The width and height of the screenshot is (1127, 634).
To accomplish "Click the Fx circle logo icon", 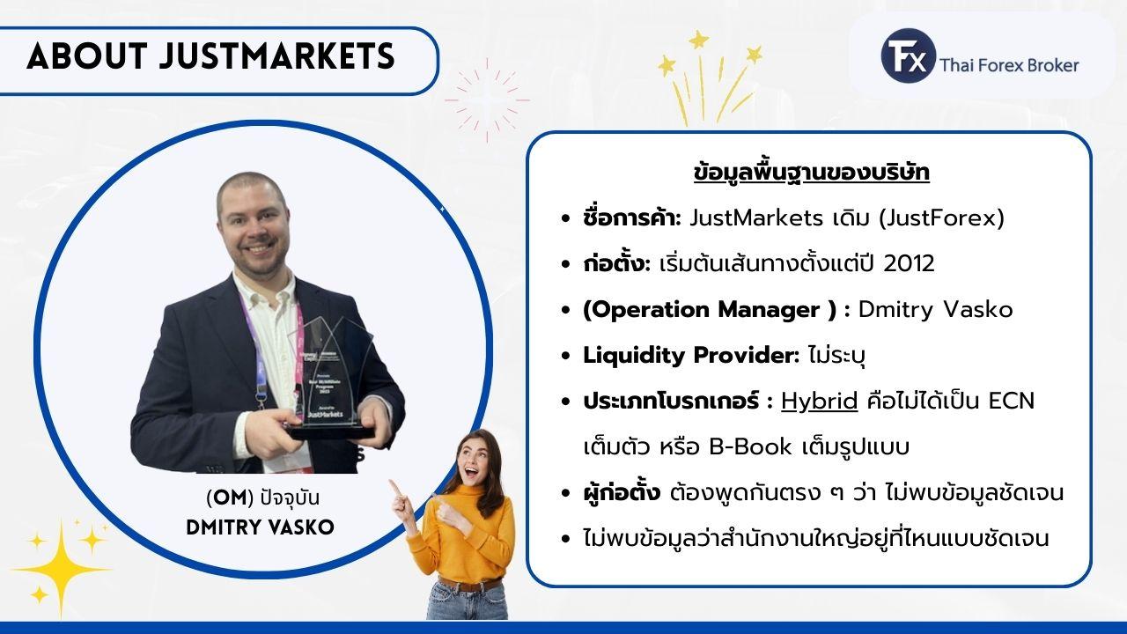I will pyautogui.click(x=906, y=56).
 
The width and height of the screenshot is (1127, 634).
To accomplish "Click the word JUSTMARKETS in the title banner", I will pyautogui.click(x=277, y=57).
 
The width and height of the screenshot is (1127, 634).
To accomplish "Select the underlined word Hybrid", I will pyautogui.click(x=819, y=401).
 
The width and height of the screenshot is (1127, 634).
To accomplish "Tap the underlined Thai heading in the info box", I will pyautogui.click(x=812, y=173).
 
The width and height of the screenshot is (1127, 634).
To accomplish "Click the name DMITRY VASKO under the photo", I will pyautogui.click(x=261, y=527).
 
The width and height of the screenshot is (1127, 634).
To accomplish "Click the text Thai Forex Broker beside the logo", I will pyautogui.click(x=1009, y=65).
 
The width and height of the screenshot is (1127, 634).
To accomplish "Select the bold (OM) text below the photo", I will pyautogui.click(x=227, y=498).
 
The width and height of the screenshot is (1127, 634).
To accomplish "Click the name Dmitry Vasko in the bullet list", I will pyautogui.click(x=935, y=309).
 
